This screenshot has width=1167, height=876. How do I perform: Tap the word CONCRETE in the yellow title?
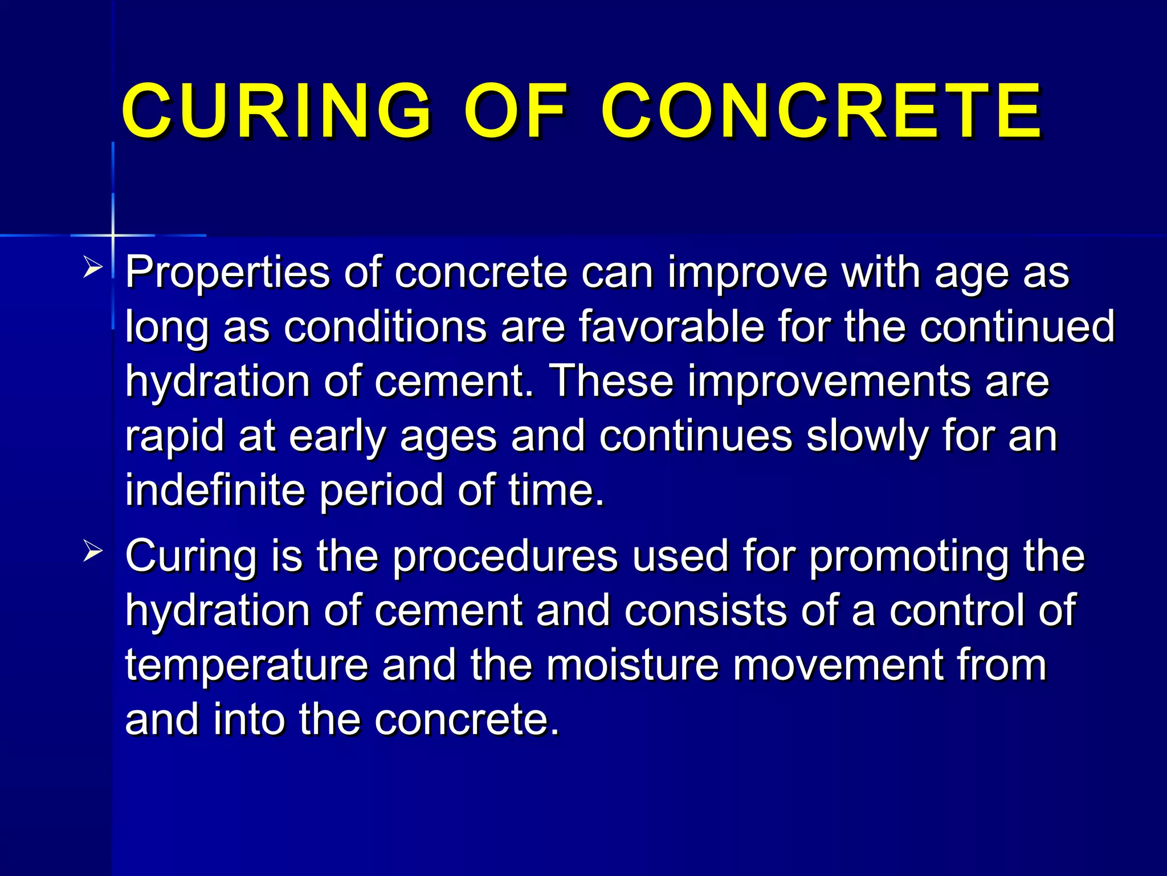click(x=822, y=111)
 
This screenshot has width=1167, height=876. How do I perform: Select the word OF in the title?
click(x=516, y=111)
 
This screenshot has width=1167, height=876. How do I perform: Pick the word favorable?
click(x=671, y=327)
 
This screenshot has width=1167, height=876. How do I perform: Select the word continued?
click(x=1017, y=327)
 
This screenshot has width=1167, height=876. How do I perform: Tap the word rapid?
click(x=174, y=436)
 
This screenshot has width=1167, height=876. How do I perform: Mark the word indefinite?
click(x=215, y=490)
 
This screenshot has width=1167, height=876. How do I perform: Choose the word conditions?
click(x=385, y=327)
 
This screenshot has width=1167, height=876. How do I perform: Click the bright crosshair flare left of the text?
click(x=113, y=234)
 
